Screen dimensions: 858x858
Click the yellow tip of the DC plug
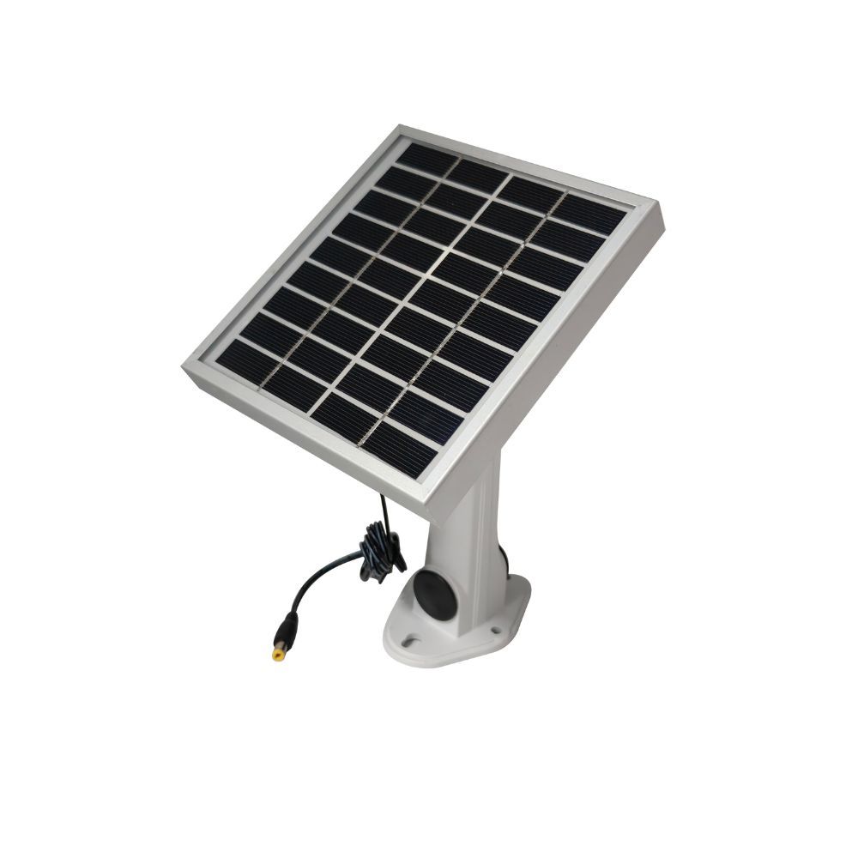click(x=278, y=655)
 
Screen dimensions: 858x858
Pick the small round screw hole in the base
click(x=495, y=632)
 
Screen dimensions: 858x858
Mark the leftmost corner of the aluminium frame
click(x=184, y=367)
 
